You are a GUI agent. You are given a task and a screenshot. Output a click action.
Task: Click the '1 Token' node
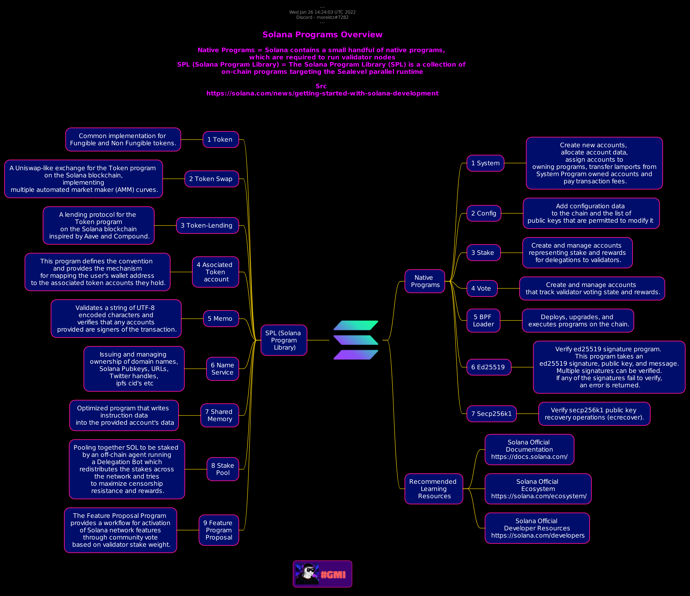coord(221,139)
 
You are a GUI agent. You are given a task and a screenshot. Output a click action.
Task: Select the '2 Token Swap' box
coord(211,179)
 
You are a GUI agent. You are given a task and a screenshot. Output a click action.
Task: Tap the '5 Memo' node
coord(221,319)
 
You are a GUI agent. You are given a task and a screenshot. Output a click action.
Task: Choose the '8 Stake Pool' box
coord(223,469)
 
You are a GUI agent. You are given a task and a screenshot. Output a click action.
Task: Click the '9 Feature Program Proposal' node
coord(219,530)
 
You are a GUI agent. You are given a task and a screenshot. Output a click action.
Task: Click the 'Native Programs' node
coord(424,281)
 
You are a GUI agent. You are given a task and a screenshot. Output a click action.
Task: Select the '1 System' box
coord(485,163)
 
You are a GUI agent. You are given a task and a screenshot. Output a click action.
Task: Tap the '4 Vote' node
coord(482,288)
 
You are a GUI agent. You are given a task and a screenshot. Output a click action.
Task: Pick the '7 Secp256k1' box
coord(491,414)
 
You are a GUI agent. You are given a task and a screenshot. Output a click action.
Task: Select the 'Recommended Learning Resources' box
coord(434,489)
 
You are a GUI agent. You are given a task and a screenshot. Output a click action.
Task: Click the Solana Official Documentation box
coord(529,449)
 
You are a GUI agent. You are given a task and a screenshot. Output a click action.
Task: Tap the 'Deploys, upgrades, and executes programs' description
coord(578,321)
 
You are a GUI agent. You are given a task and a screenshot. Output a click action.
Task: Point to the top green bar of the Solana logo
coord(356,325)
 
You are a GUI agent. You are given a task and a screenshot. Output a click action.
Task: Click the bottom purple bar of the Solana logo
coord(356,355)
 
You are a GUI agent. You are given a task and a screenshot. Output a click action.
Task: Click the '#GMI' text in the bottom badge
coord(333,575)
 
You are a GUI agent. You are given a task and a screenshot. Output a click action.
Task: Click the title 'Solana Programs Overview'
coord(322,35)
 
